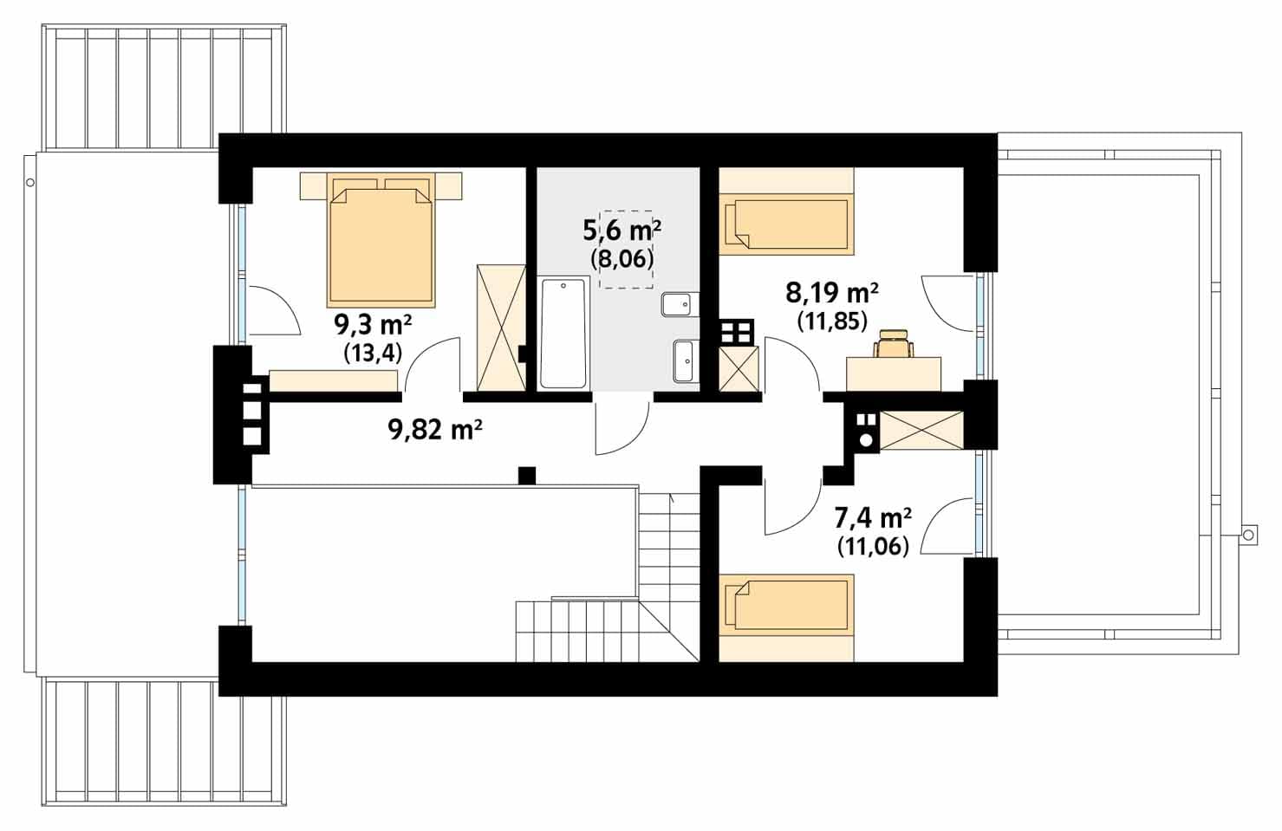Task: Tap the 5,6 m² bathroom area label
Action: [x=622, y=230]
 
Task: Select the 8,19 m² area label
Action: [x=832, y=294]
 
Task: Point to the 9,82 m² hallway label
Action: [x=435, y=429]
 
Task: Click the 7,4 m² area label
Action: [x=873, y=518]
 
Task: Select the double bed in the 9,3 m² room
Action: [x=381, y=239]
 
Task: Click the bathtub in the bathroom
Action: [x=563, y=333]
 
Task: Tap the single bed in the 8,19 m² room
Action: [x=786, y=224]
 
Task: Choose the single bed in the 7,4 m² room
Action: [x=786, y=606]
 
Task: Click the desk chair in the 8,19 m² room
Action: [x=894, y=343]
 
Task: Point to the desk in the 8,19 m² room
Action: [x=894, y=374]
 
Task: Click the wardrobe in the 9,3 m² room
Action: [x=501, y=328]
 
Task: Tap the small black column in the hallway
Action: [x=527, y=477]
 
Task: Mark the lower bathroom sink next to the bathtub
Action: [x=685, y=361]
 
